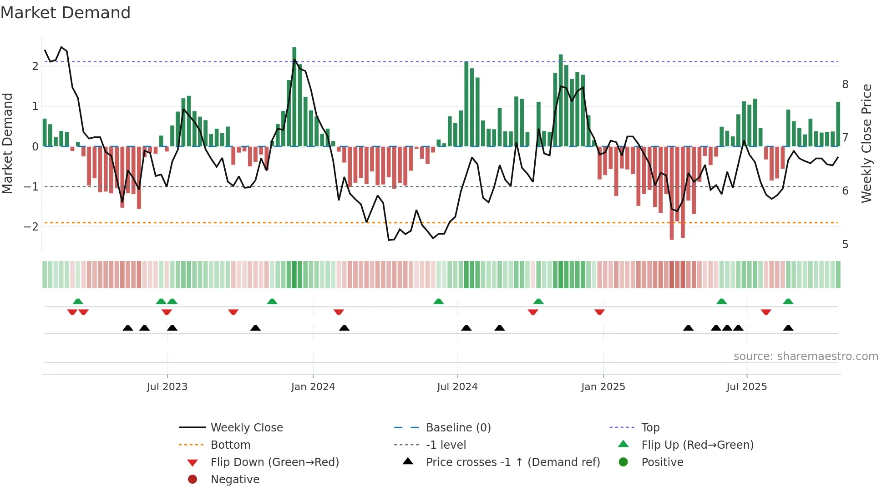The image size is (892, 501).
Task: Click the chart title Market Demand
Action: click(66, 13)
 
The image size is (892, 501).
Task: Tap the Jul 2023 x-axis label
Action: click(167, 387)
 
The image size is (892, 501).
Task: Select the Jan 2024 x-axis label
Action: click(313, 387)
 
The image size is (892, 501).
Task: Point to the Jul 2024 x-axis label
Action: click(457, 387)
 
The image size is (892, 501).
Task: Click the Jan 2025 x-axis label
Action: click(603, 387)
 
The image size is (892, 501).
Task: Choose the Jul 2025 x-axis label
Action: click(746, 387)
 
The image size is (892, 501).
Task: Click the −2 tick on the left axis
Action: click(31, 227)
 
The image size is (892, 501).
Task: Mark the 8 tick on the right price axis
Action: click(845, 85)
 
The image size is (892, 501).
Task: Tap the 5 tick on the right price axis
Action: click(845, 245)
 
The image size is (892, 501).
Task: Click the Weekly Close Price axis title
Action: click(867, 143)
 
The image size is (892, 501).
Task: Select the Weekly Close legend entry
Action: click(247, 428)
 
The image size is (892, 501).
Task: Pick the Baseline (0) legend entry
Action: click(458, 428)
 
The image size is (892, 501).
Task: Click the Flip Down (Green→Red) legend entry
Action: click(274, 462)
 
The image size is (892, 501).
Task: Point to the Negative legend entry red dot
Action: click(193, 480)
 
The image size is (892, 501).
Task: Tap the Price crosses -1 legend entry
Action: click(512, 462)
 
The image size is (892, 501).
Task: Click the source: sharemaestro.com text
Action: click(806, 356)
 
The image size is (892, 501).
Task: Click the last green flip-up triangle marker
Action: click(788, 301)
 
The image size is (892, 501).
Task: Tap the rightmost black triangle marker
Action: click(788, 328)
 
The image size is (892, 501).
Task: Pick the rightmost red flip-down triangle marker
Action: click(766, 312)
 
